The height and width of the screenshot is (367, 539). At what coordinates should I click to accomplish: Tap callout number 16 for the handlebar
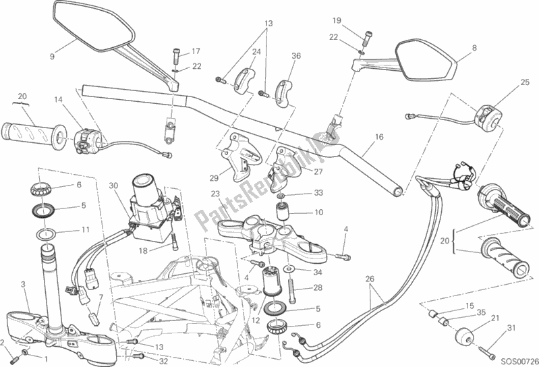[378, 137]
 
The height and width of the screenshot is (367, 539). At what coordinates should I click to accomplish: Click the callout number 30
[113, 186]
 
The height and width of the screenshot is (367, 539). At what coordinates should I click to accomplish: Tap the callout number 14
[59, 100]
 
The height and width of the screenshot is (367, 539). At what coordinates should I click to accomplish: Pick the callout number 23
[215, 194]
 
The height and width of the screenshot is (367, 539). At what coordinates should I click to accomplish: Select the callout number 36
[296, 56]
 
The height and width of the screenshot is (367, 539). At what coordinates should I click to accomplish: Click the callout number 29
[214, 178]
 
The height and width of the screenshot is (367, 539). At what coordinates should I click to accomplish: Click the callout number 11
[86, 229]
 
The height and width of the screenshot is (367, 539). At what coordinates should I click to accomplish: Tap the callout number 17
[196, 51]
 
